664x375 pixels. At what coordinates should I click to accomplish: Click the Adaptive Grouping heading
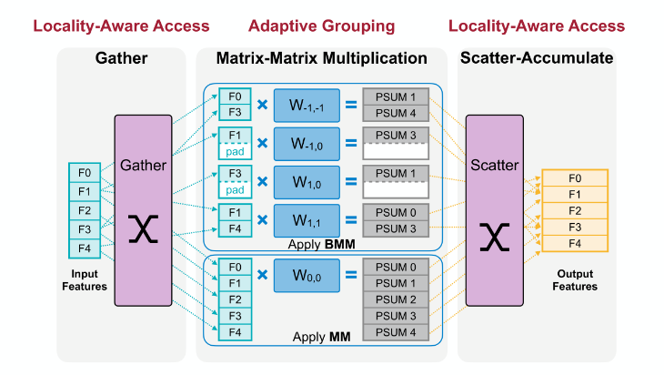pos(322,25)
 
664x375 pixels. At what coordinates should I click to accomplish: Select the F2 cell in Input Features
pos(84,210)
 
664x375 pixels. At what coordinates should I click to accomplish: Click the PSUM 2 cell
pos(395,299)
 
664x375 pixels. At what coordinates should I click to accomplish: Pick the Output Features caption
pos(574,280)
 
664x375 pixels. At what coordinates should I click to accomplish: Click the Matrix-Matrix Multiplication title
pos(322,59)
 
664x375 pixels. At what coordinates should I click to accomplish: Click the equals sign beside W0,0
pos(350,274)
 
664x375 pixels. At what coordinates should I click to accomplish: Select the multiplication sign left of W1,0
pos(262,181)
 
